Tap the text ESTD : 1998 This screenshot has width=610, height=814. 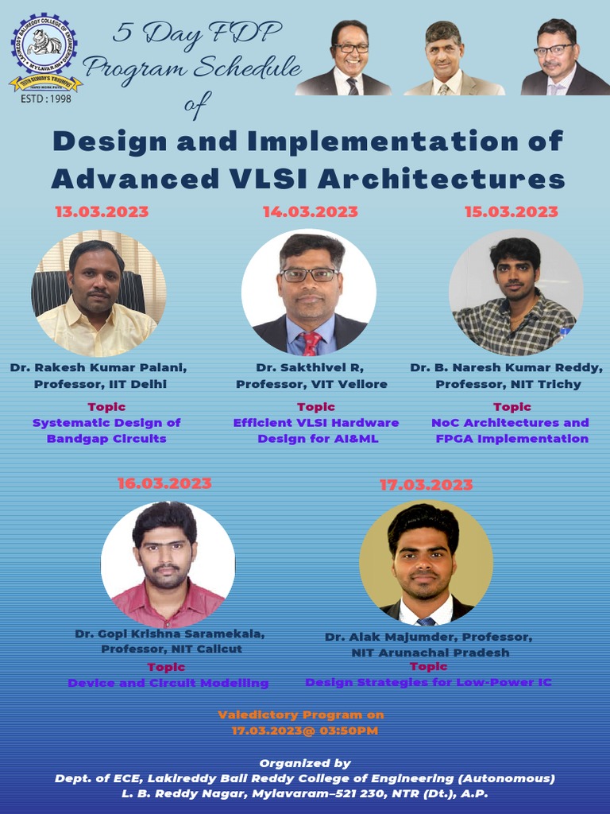[46, 99]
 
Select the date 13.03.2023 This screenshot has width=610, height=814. [101, 212]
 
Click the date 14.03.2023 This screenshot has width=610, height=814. [311, 212]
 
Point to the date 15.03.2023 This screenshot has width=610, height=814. [511, 212]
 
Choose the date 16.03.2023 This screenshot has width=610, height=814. [164, 483]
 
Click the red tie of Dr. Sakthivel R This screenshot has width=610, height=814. [311, 343]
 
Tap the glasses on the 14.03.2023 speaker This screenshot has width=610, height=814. [310, 275]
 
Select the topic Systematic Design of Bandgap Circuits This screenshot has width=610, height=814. [106, 430]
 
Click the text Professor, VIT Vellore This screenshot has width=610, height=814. [311, 384]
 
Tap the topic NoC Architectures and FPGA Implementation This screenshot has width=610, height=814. [510, 430]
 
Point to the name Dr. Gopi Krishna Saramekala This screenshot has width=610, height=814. [170, 634]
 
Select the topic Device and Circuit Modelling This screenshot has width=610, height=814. [168, 683]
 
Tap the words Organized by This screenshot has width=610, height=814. [305, 763]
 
